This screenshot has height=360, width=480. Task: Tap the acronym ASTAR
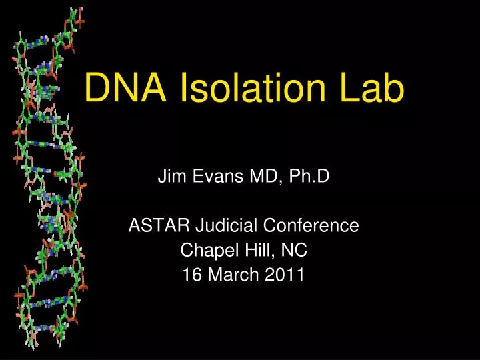point(153,226)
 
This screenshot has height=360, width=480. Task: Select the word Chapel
point(201,251)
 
